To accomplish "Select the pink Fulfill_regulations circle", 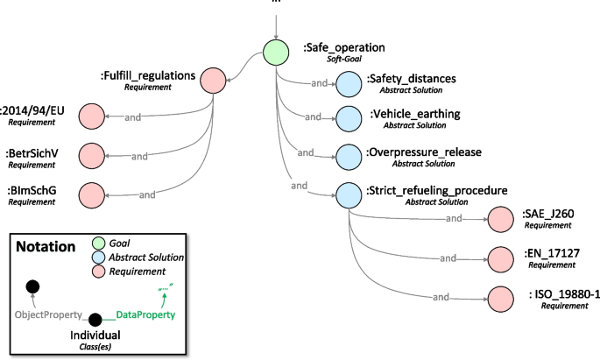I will pos(212,81).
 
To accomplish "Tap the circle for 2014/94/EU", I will pos(91,116).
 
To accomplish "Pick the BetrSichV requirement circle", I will pos(91,156).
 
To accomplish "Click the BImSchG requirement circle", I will pos(91,194).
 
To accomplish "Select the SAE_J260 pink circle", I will pos(501,219).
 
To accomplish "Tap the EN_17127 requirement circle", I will pos(501,258).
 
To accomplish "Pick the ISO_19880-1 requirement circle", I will pos(501,297).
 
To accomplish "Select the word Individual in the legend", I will pos(95,335).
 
